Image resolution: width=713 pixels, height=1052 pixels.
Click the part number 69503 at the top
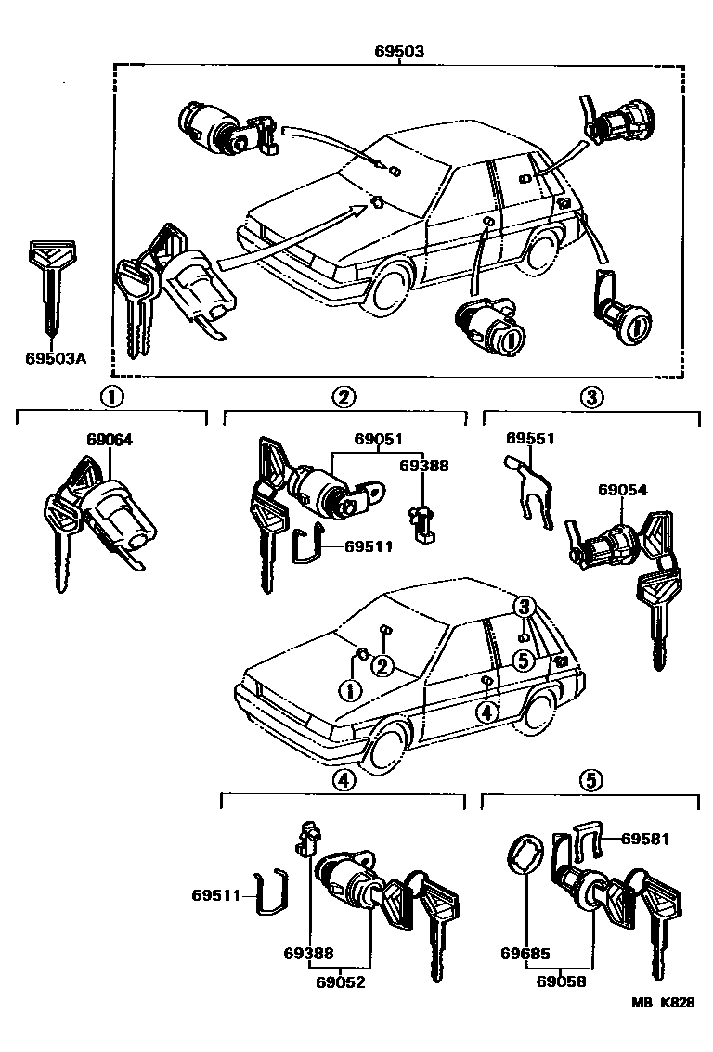pos(399,52)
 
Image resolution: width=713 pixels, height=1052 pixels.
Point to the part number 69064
pos(109,441)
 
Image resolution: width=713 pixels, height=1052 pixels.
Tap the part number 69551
pos(530,437)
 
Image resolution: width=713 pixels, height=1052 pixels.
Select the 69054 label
pos(622,490)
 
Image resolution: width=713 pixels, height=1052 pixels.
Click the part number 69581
pos(645,838)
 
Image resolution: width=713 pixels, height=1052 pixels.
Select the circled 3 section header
pos(591,397)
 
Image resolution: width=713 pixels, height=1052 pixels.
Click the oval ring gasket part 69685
pos(524,853)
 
